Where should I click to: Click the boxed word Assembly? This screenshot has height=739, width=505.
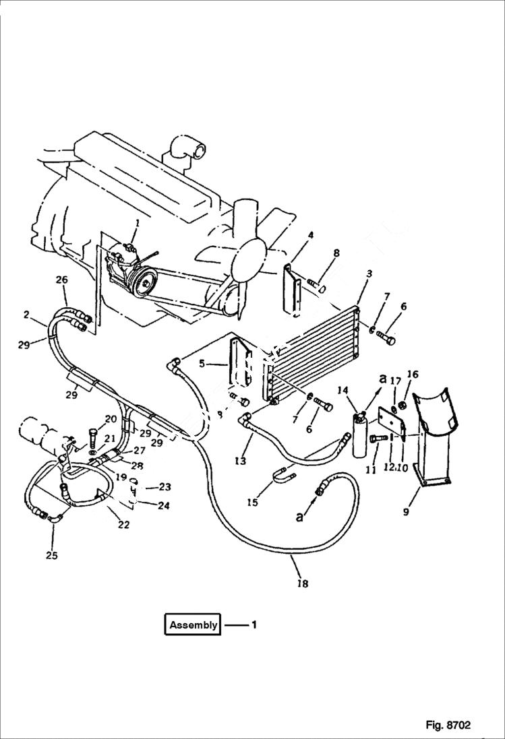(x=194, y=625)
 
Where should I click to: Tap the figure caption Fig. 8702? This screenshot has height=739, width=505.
(x=448, y=726)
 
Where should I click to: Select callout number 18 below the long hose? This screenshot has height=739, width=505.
(x=303, y=584)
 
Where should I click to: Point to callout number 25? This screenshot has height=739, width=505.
(x=51, y=556)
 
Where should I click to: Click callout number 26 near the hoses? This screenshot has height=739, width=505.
(x=62, y=280)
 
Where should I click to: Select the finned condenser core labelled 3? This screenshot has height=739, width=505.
(x=310, y=350)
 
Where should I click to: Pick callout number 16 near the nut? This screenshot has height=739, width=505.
(x=413, y=374)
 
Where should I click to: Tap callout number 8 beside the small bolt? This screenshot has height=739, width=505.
(x=336, y=253)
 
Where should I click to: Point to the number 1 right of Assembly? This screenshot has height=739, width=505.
(x=254, y=625)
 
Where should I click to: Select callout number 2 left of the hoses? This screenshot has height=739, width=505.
(x=26, y=315)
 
